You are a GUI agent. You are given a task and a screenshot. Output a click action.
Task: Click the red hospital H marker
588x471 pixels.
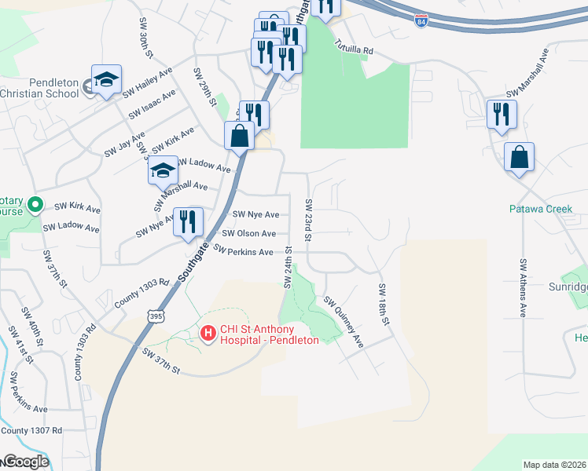click(x=208, y=334)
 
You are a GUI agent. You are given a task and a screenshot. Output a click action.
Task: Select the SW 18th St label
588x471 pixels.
click(x=384, y=305)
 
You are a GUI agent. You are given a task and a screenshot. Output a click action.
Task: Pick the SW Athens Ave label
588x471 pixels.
click(x=522, y=287)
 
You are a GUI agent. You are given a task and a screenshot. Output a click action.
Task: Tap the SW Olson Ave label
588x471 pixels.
click(x=248, y=233)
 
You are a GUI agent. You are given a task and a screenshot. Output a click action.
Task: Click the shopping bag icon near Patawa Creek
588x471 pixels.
click(x=520, y=159)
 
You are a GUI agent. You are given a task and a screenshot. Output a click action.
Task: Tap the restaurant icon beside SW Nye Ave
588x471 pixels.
click(x=188, y=221)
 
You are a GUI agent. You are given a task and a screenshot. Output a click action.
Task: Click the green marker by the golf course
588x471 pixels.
click(x=35, y=206)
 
